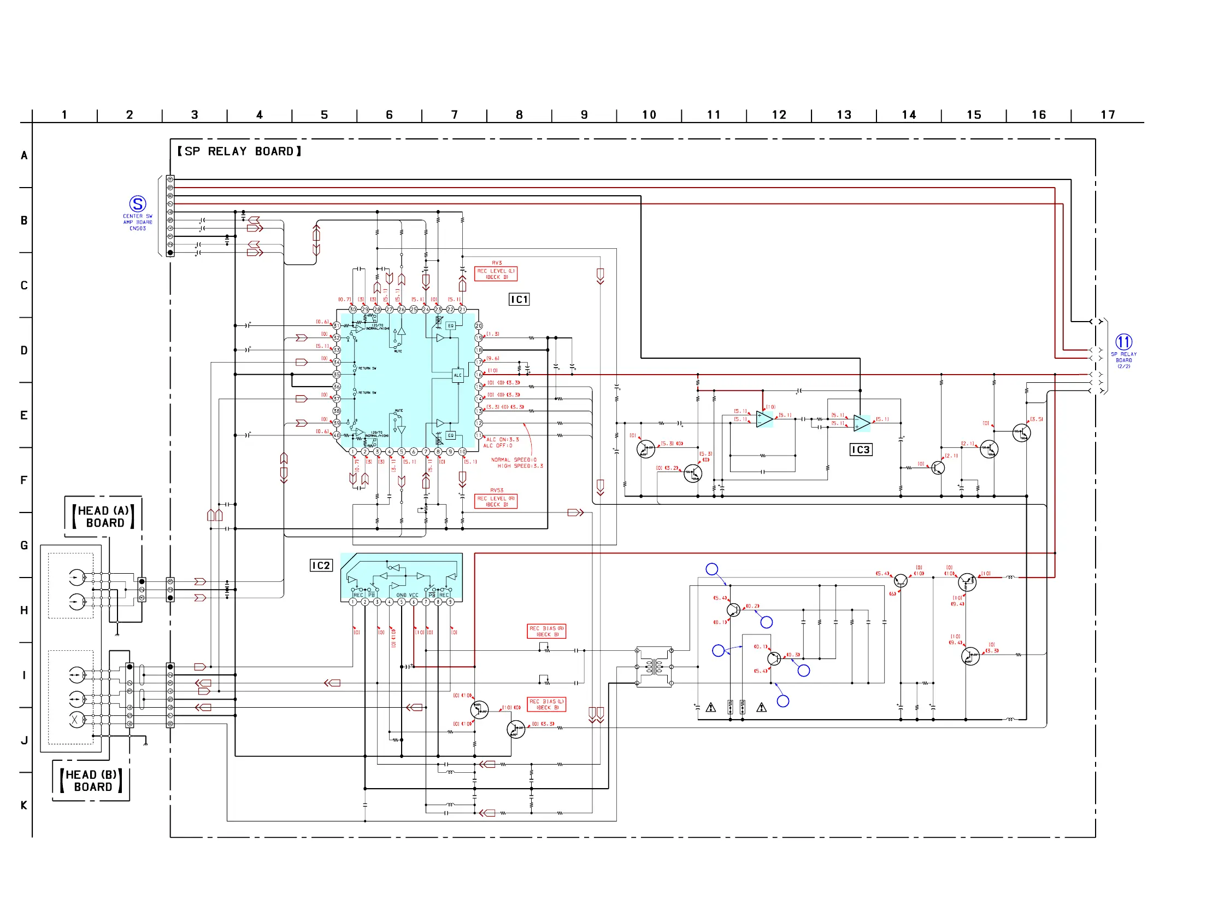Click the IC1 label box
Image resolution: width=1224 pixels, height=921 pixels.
519,300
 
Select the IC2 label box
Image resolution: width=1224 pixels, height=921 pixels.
321,566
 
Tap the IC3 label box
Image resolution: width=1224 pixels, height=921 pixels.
861,450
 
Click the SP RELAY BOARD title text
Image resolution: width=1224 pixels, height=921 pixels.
239,151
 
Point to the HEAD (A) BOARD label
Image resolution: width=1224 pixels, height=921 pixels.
103,517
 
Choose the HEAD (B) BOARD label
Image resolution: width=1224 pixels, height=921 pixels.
91,781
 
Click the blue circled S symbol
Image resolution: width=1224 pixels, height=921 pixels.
137,204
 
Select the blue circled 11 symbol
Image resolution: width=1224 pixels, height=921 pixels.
1123,342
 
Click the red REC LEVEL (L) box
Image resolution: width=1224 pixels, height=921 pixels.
496,274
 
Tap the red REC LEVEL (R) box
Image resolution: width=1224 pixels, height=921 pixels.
496,501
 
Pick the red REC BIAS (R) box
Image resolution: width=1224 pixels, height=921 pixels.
546,631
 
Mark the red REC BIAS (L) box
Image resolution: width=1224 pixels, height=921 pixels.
546,704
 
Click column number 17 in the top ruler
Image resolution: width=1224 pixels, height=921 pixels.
1107,115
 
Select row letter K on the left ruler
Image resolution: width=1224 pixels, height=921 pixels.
24,805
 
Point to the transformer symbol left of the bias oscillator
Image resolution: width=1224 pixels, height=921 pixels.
654,667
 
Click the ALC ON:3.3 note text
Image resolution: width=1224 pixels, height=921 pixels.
502,440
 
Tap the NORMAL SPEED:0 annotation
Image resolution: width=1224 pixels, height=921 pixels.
514,459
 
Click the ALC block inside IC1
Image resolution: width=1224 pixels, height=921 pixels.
457,376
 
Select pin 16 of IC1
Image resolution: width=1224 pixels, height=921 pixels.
479,375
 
